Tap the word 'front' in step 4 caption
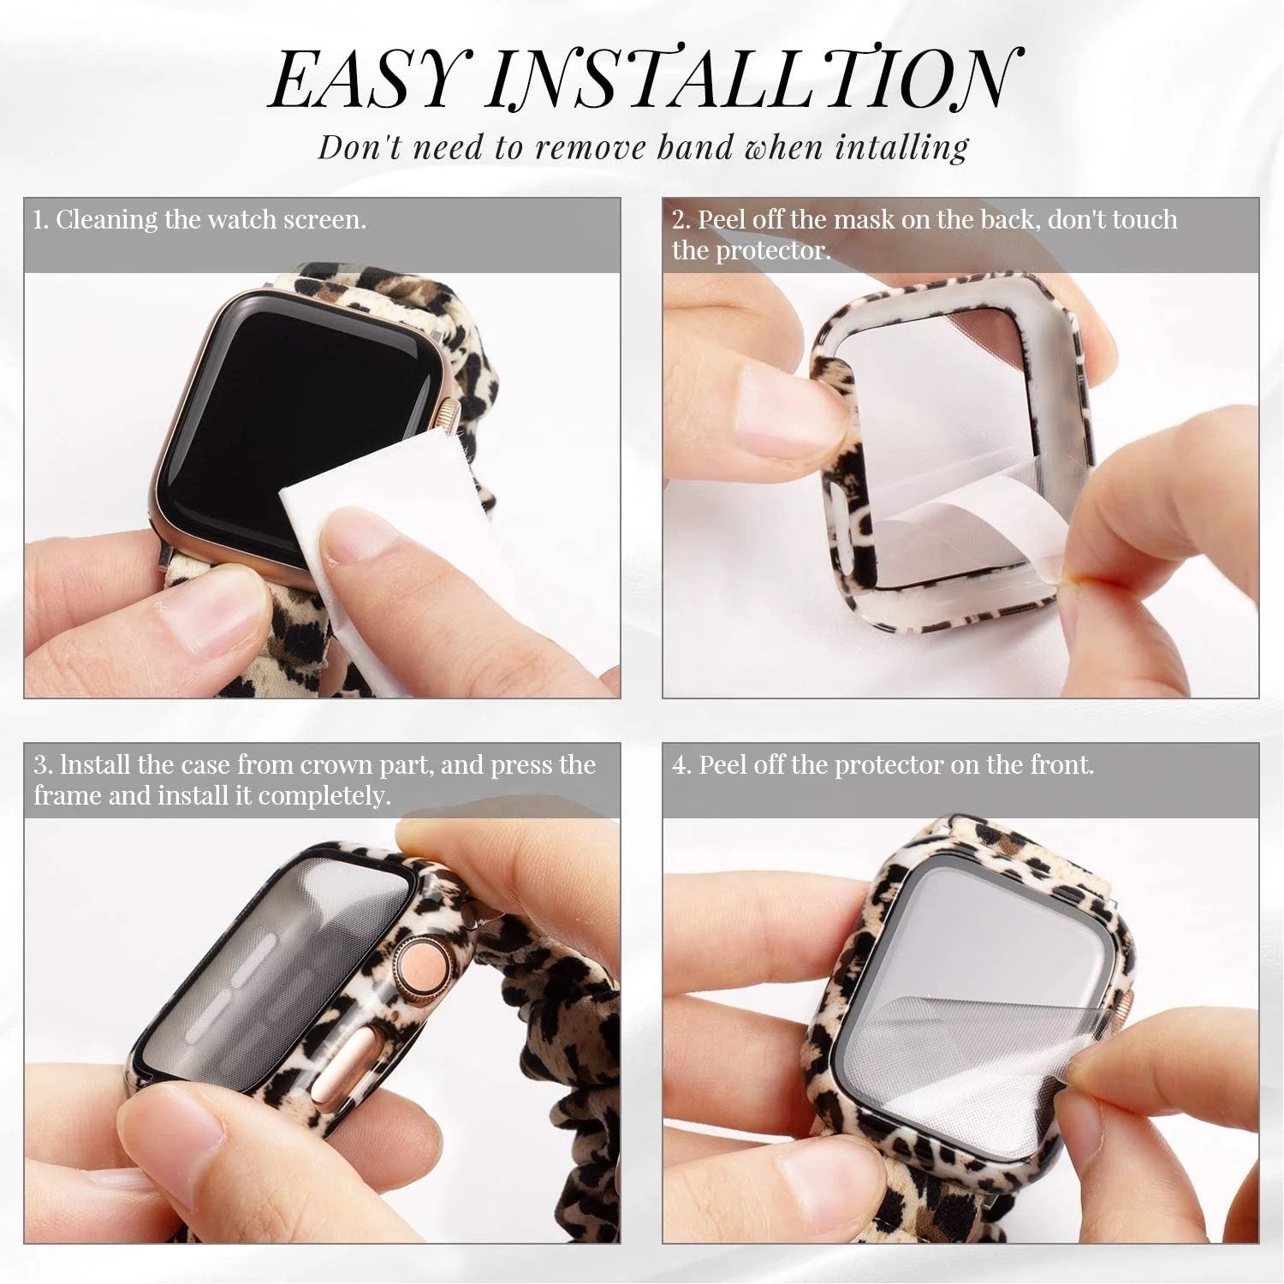coord(1061,764)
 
